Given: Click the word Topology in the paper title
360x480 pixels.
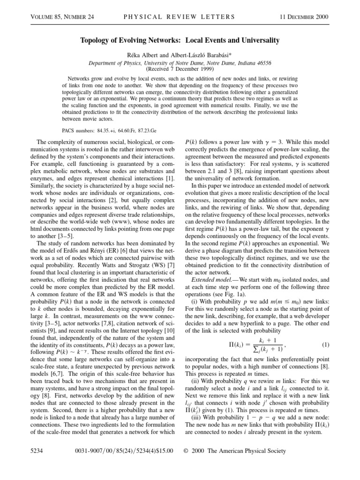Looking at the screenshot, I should [x=96, y=41].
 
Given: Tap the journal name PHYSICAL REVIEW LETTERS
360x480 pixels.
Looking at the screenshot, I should [x=180, y=17].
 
